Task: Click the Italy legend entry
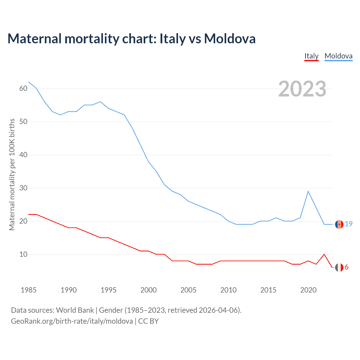[x=311, y=56]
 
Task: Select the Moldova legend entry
[x=338, y=56]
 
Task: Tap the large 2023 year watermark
[x=302, y=89]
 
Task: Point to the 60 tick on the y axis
[x=23, y=88]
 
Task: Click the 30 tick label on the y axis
[x=23, y=188]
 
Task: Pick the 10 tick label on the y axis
[x=23, y=254]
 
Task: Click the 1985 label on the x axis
[x=29, y=290]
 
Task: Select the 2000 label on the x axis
[x=148, y=290]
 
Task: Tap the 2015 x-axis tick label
[x=268, y=290]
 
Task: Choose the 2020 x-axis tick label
[x=308, y=290]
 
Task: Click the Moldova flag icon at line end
[x=339, y=224]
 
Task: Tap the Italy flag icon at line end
[x=339, y=267]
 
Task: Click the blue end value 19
[x=349, y=224]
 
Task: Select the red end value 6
[x=346, y=267]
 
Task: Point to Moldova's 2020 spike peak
[x=308, y=191]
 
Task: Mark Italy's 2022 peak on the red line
[x=324, y=254]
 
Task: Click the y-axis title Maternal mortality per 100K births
[x=12, y=174]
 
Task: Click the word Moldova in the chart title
[x=230, y=39]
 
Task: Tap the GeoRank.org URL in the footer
[x=72, y=321]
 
